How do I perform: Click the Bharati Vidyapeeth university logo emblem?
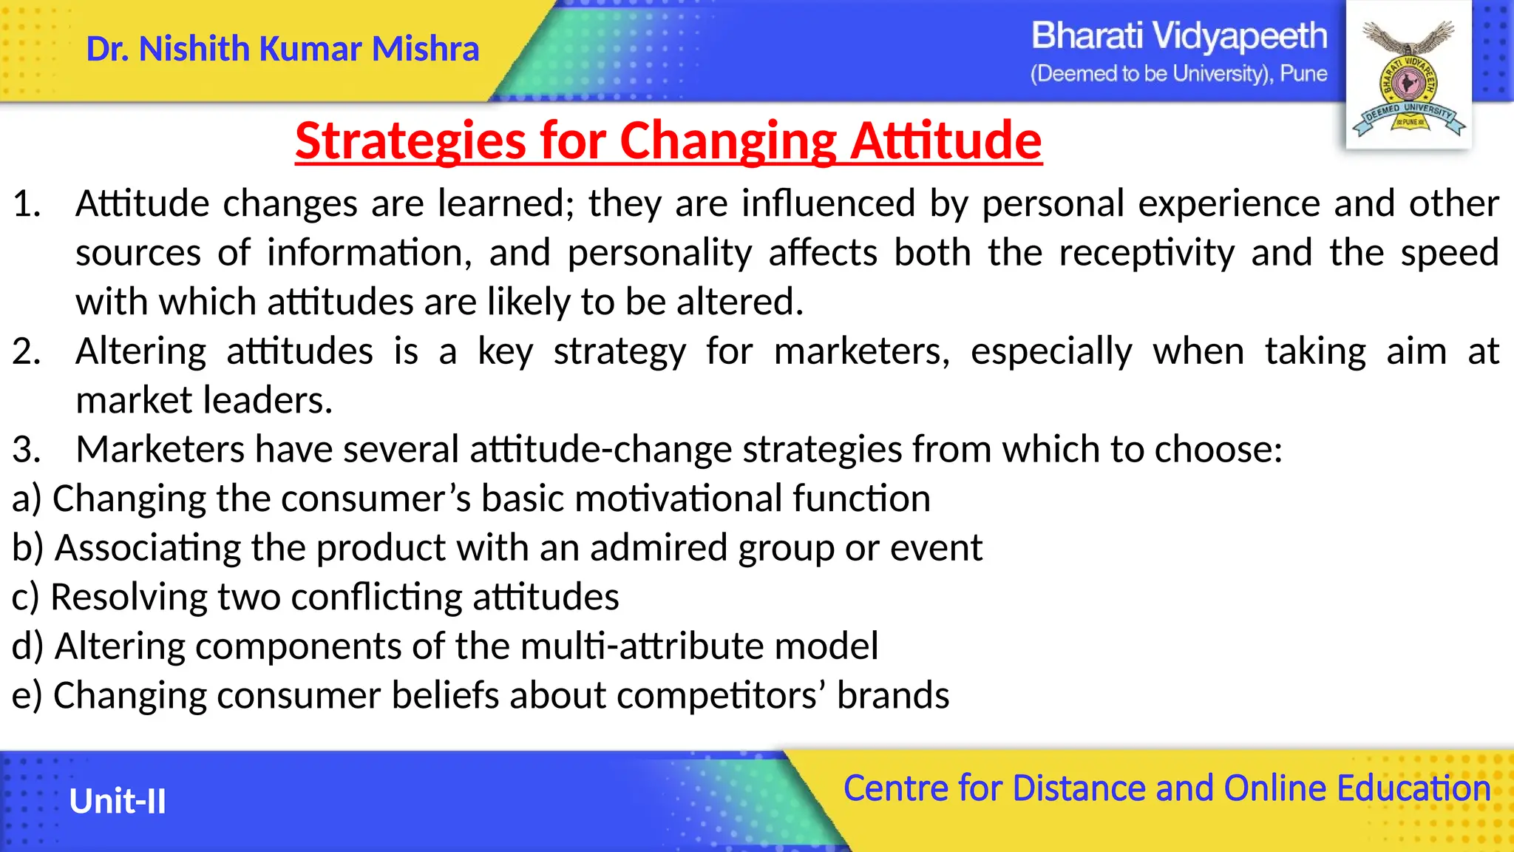pyautogui.click(x=1408, y=78)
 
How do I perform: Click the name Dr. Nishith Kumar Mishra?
pyautogui.click(x=282, y=50)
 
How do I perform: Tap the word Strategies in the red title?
pyautogui.click(x=410, y=141)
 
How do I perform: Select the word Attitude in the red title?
pyautogui.click(x=946, y=141)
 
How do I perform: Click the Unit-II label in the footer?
pyautogui.click(x=118, y=802)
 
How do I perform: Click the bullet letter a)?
pyautogui.click(x=26, y=498)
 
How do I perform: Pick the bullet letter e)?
pyautogui.click(x=26, y=696)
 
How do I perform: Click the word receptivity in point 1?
pyautogui.click(x=1146, y=254)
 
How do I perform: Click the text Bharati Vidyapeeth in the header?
pyautogui.click(x=1178, y=35)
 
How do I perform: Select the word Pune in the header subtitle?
pyautogui.click(x=1303, y=74)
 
